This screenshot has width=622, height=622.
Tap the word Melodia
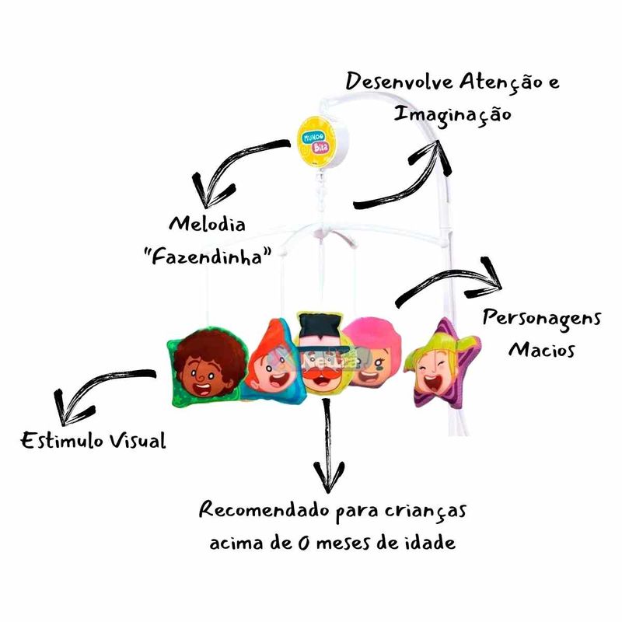click(208, 225)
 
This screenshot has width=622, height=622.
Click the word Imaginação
click(452, 114)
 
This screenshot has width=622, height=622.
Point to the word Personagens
click(541, 320)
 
